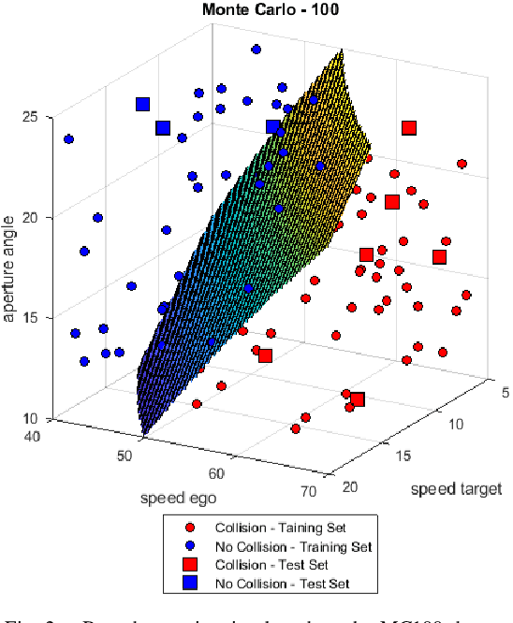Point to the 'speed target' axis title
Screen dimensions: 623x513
(x=456, y=488)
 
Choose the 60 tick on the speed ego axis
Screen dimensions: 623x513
(x=217, y=473)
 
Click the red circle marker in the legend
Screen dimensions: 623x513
(x=189, y=527)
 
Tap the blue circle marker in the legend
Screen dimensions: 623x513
(x=189, y=545)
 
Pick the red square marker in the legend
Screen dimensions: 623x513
(x=189, y=565)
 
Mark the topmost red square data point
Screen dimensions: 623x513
(x=408, y=128)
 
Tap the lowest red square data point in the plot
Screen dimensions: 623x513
(x=356, y=400)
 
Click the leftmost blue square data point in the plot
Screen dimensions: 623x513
(x=143, y=105)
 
